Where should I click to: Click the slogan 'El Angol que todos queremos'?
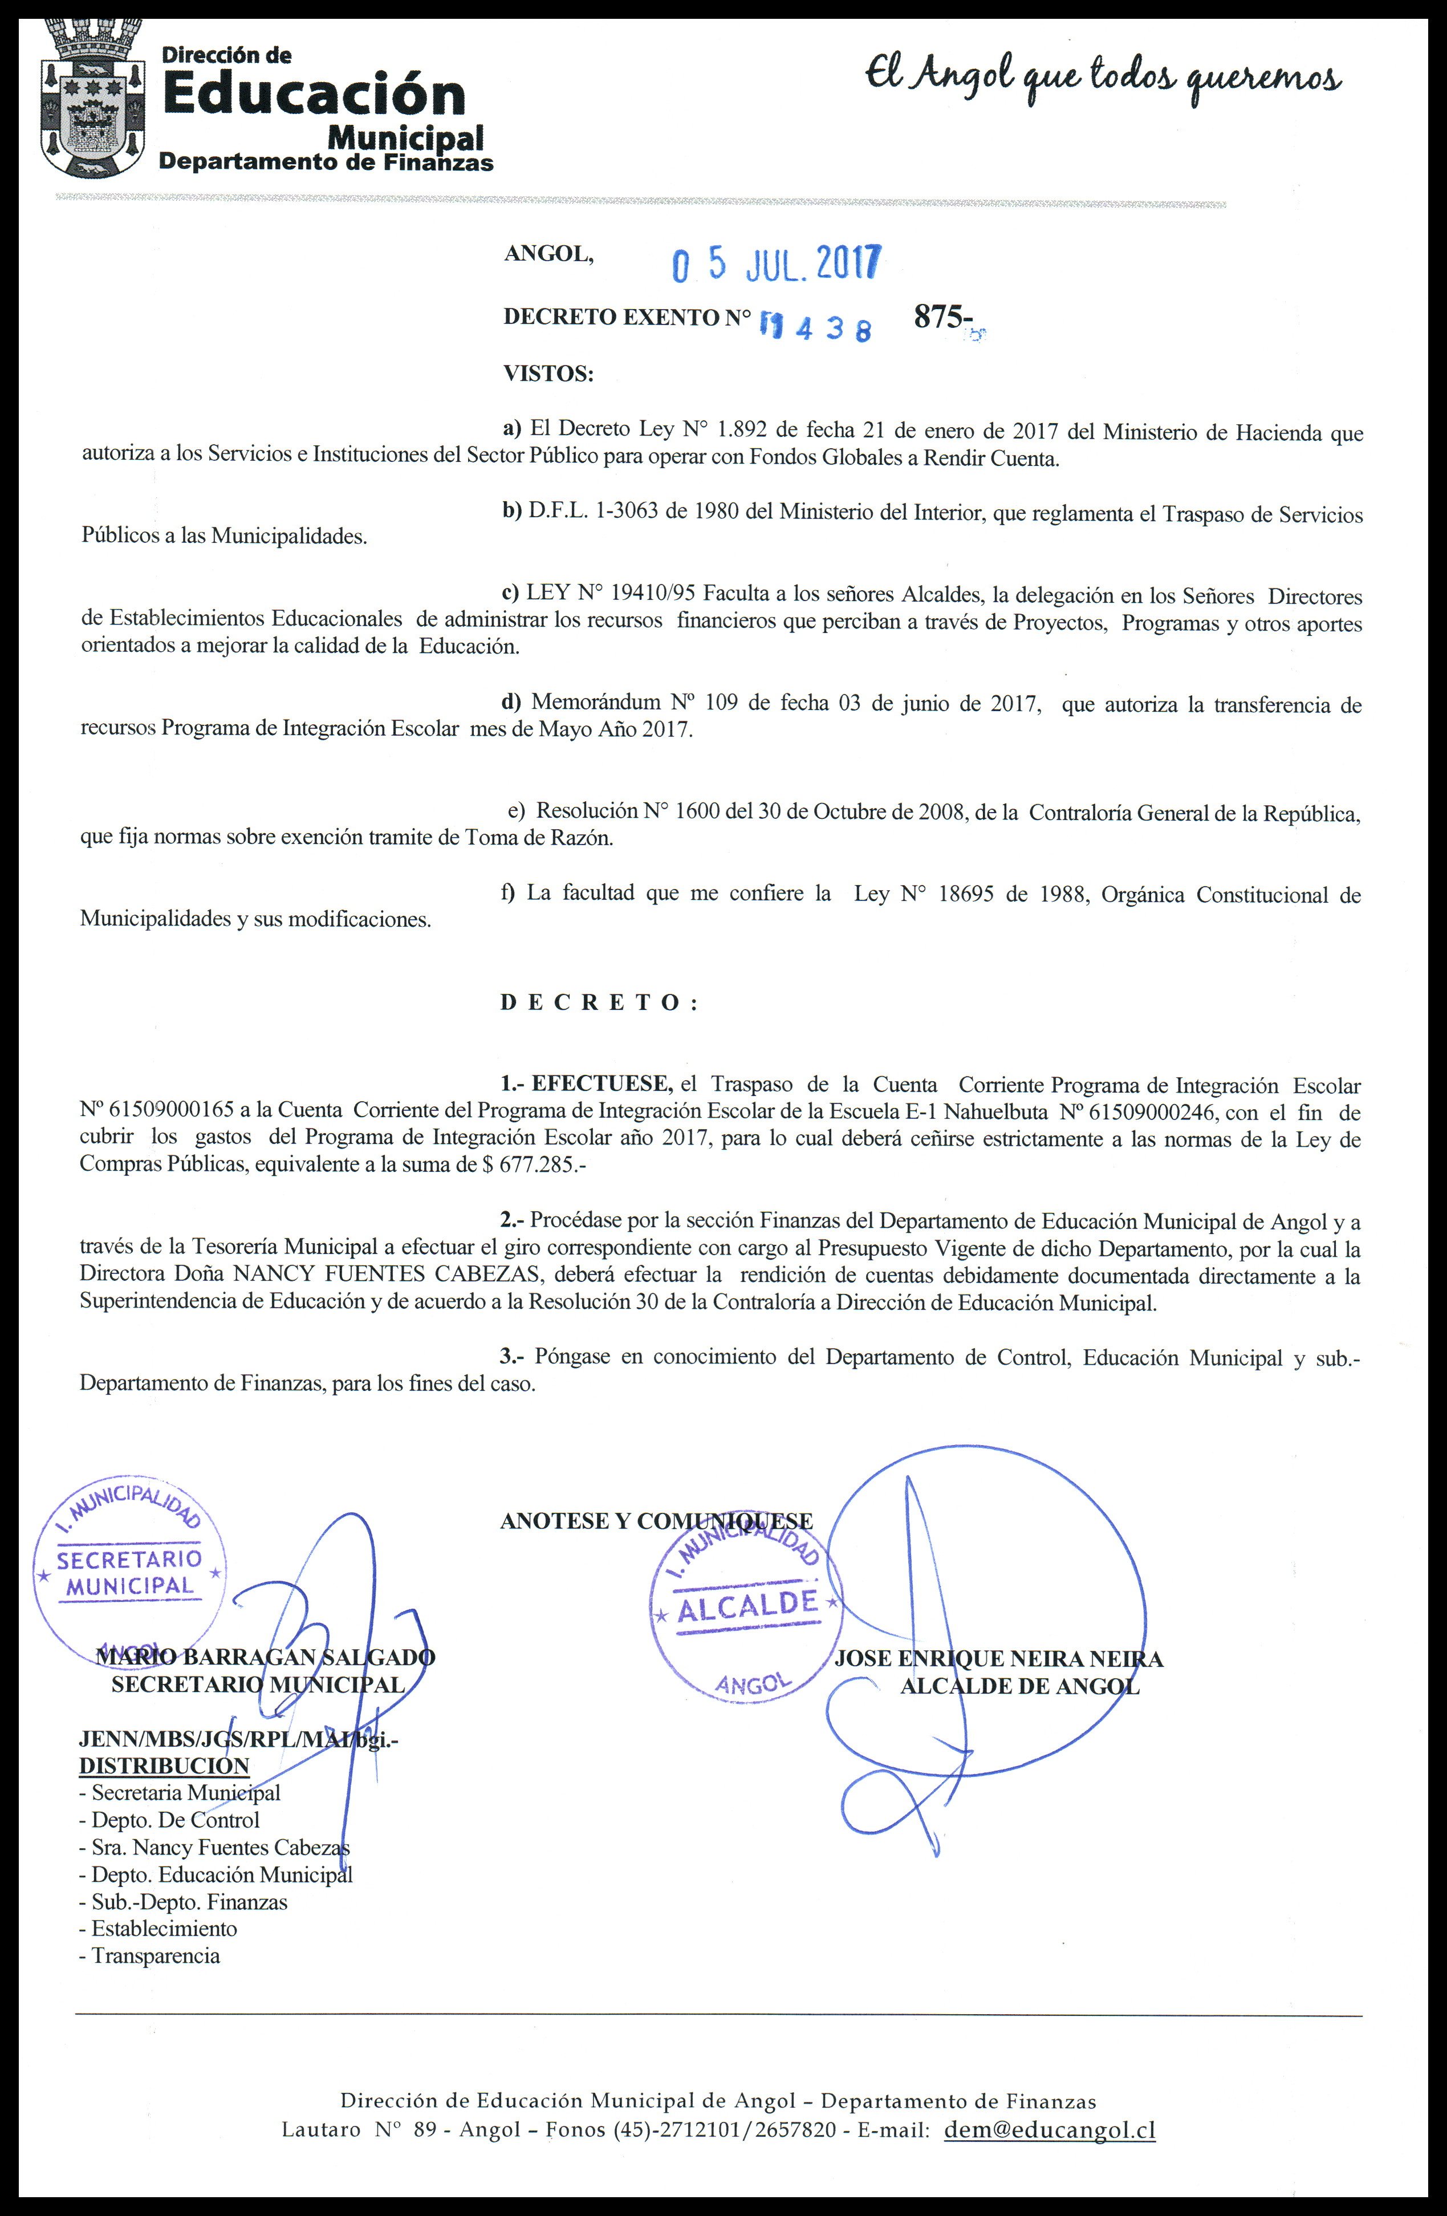[x=1103, y=79]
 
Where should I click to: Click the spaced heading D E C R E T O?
[x=599, y=1003]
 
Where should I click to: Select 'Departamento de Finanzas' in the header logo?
[x=326, y=162]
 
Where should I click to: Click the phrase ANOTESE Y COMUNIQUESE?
[x=656, y=1520]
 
